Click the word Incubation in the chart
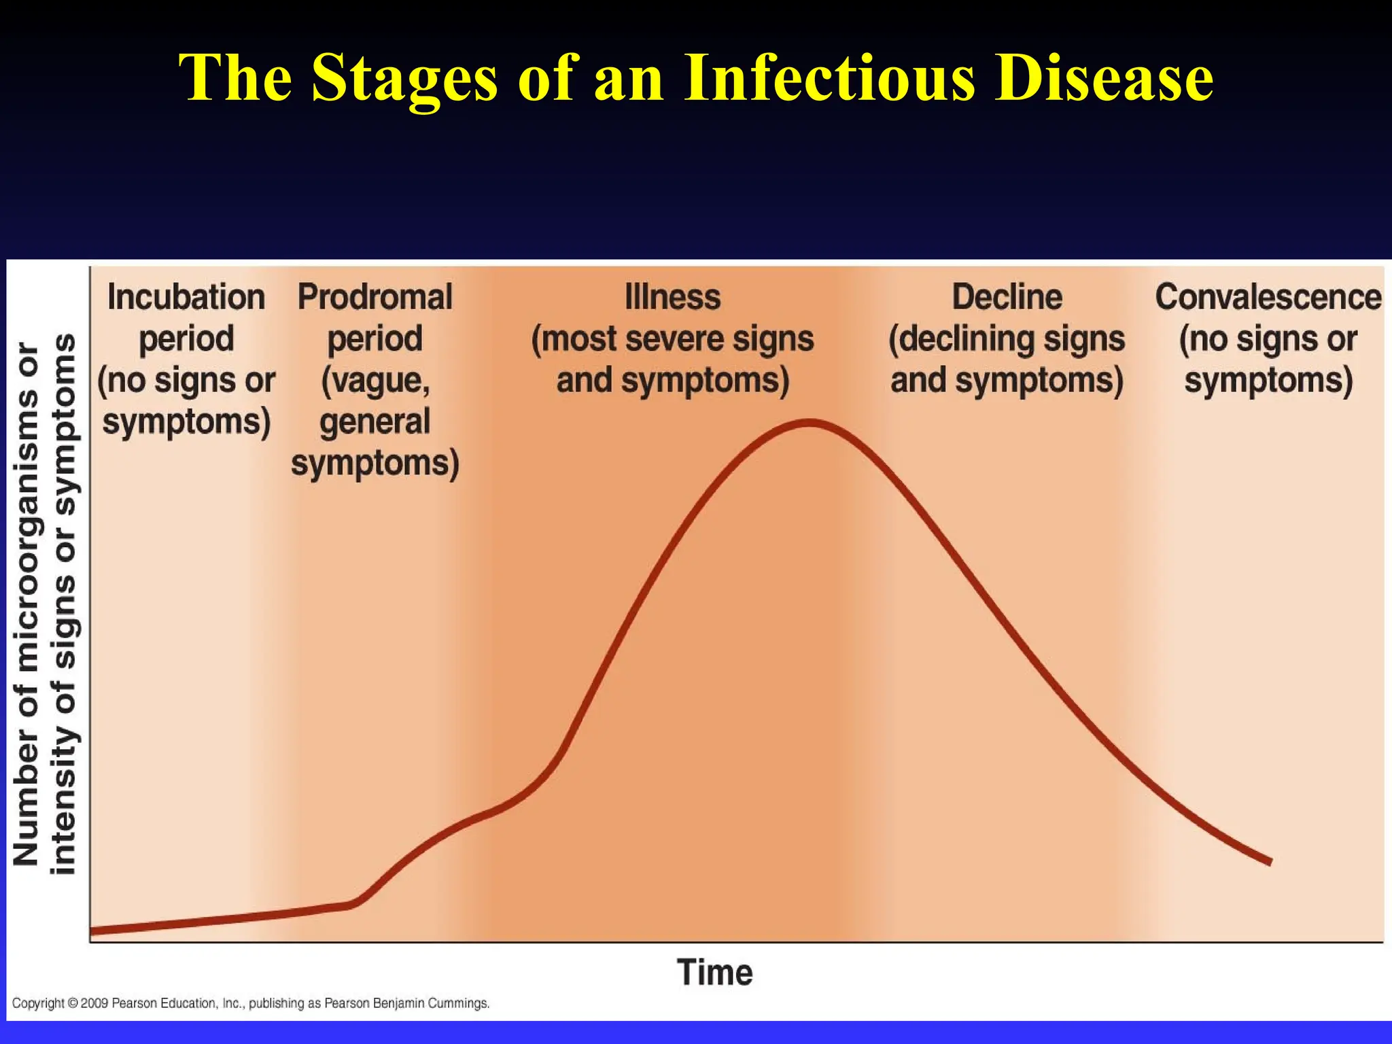point(186,298)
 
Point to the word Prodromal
point(375,298)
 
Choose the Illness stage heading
point(672,298)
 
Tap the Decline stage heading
point(1007,298)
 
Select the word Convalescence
point(1268,298)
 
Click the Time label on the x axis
point(714,972)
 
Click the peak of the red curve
point(809,423)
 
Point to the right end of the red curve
point(1269,861)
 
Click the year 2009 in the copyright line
point(94,1003)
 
